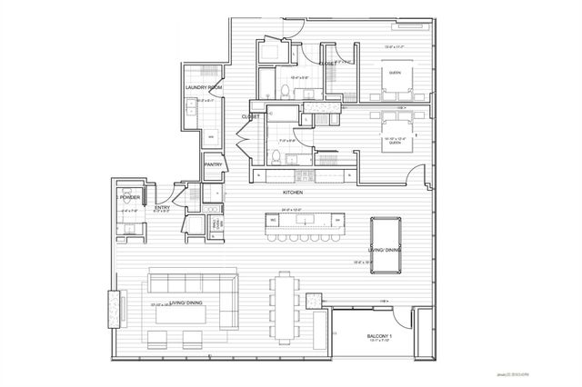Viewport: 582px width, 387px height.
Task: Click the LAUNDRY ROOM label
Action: pyautogui.click(x=203, y=87)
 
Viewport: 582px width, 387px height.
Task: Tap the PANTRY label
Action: pyautogui.click(x=214, y=164)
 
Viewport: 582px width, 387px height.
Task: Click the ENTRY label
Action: pyautogui.click(x=162, y=207)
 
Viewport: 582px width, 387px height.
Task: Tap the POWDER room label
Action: pyautogui.click(x=128, y=196)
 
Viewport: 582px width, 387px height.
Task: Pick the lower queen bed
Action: pyautogui.click(x=396, y=126)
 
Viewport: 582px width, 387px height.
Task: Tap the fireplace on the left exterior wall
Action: pyautogui.click(x=113, y=308)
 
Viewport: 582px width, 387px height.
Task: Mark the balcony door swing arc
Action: pyautogui.click(x=398, y=314)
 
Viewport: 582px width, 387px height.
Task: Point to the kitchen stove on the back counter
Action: pyautogui.click(x=303, y=174)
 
